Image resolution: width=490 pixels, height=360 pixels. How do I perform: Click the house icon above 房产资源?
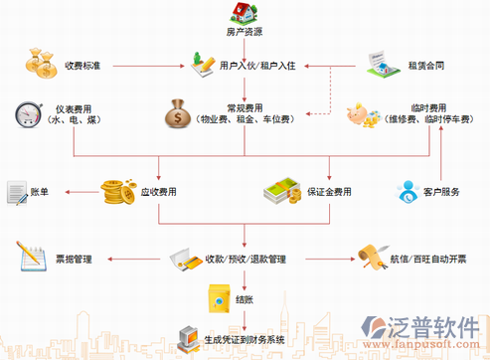pos(245,12)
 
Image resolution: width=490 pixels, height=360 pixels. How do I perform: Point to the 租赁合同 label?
pos(424,67)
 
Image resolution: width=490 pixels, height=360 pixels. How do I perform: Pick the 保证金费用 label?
pos(330,192)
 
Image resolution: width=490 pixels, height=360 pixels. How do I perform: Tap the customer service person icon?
pos(409,192)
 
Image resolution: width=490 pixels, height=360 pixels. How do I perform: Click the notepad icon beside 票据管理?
pos(30,258)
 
